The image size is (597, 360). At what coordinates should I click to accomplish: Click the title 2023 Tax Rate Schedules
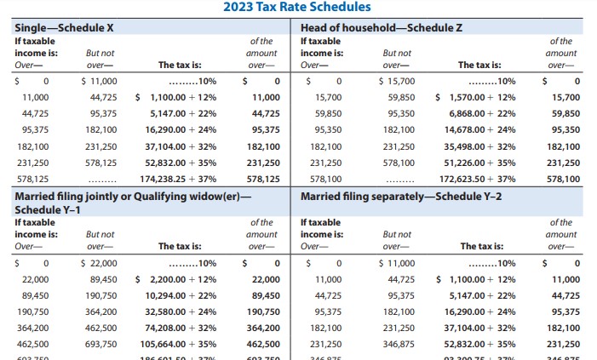coord(297,8)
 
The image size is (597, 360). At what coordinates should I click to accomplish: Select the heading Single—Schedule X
coord(64,27)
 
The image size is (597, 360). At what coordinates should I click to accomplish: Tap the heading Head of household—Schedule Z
coord(382,27)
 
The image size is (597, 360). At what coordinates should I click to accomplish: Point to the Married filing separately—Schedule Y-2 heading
coord(401,196)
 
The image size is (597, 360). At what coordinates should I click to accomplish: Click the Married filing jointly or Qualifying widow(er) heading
coord(134,196)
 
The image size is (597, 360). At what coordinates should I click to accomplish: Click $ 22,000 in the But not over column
coord(99,263)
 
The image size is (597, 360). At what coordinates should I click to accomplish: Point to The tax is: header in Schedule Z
coord(479,65)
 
